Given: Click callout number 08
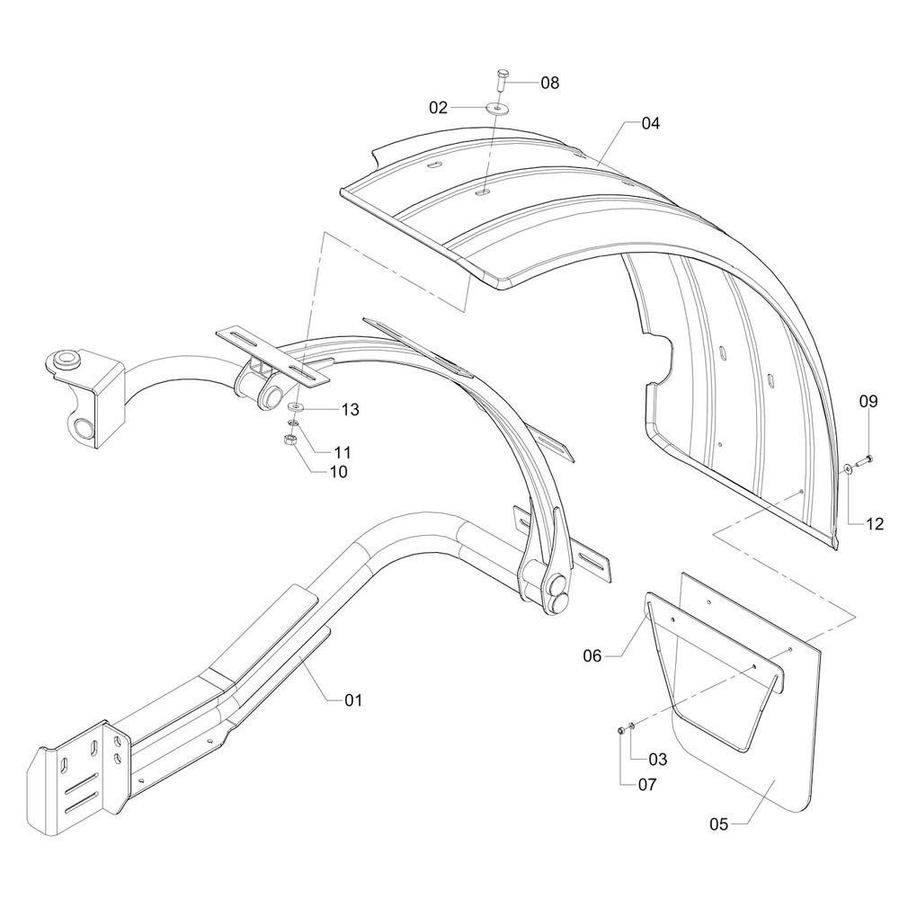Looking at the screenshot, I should point(549,83).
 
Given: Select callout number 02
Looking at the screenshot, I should point(438,107).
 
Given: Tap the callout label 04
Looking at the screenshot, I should point(650,124).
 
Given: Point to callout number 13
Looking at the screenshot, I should point(350,409).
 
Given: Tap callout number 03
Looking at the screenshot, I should point(657,760).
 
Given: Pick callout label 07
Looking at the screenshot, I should point(647,784).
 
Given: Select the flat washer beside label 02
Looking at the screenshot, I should point(496,108).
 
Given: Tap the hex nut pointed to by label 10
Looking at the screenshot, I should point(290,440).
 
